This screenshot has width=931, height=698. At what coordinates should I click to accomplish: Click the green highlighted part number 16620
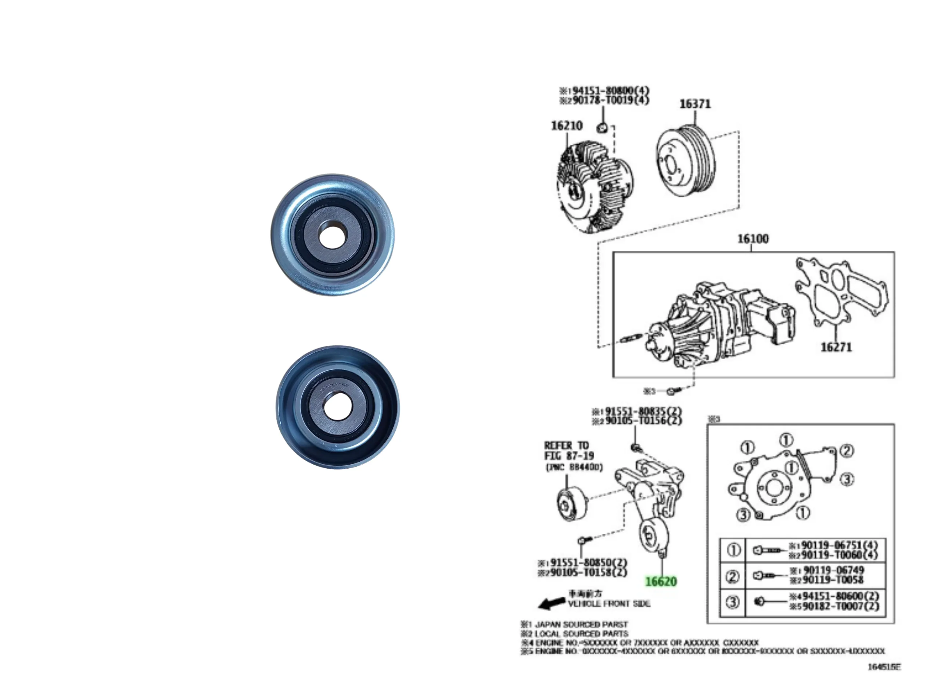coord(661,582)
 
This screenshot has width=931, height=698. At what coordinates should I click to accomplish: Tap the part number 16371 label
coord(695,104)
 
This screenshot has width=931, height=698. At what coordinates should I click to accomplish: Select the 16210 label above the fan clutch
coord(567,125)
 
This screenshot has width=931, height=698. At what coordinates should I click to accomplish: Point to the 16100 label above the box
coord(752,238)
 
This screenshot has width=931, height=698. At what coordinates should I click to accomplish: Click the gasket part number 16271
coord(836,347)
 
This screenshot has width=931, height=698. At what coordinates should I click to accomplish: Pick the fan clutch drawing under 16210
coord(594,187)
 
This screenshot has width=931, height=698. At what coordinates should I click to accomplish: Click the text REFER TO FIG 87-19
coord(568,450)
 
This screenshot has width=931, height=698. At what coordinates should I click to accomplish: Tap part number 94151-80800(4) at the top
coord(610,91)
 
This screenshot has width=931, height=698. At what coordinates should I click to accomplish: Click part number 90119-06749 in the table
coord(834,570)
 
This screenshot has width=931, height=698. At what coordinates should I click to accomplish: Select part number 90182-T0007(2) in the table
coord(840,606)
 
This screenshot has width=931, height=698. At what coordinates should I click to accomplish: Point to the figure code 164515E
coord(884,667)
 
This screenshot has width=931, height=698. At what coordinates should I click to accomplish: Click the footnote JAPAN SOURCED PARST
coord(581,624)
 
